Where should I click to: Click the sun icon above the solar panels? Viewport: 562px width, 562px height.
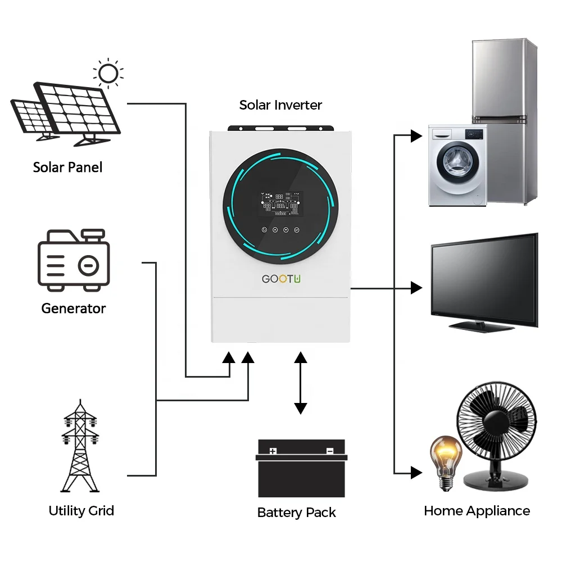(108, 74)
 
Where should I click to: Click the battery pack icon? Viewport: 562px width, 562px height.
(301, 469)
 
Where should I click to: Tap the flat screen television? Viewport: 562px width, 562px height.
(484, 281)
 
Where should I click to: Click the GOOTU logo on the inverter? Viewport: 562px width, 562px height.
(282, 279)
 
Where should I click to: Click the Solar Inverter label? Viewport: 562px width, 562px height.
(280, 105)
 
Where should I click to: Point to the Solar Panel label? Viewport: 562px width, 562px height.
(67, 167)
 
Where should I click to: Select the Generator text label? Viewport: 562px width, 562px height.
(74, 309)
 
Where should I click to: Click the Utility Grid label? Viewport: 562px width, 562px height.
(81, 511)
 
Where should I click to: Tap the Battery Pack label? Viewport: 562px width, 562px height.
(296, 513)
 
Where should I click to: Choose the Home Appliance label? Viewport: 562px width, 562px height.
(477, 511)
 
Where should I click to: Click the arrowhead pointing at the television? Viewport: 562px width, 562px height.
(416, 288)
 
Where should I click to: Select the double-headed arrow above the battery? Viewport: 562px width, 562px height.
(301, 383)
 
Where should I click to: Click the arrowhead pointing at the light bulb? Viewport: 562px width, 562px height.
(416, 472)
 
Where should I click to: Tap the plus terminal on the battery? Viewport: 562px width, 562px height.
(273, 451)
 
